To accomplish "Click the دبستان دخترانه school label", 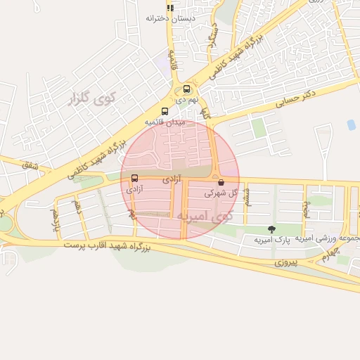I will pos(169,17).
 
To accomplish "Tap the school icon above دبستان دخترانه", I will pos(169,7).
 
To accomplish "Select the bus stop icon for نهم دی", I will pos(186,89).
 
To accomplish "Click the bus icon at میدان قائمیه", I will pos(165,111).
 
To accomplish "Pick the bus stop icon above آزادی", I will pos(134,179).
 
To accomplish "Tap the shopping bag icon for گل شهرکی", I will pos(221,181).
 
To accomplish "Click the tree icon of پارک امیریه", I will pos(271,229).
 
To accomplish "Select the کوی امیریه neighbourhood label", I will pos(203,215).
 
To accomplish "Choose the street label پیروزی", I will pos(284,262).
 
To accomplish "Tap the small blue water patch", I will pos(351,124).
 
